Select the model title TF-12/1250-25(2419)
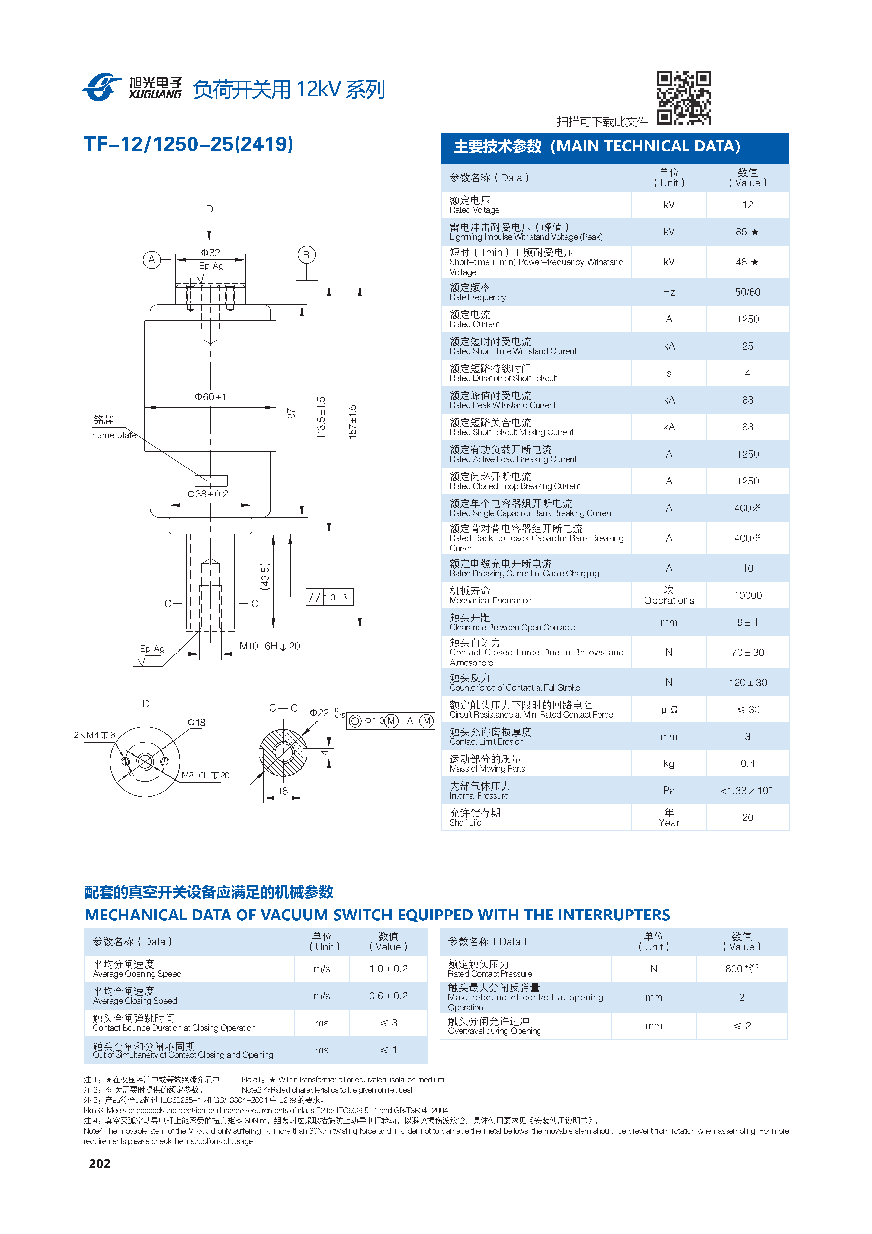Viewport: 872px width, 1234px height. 189,144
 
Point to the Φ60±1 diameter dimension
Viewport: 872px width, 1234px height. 211,397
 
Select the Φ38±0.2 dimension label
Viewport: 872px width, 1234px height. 208,494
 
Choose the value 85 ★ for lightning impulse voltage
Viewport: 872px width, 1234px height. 747,232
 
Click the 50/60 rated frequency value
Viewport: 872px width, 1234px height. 748,292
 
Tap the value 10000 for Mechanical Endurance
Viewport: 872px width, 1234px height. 748,595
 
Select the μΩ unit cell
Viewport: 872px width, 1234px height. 669,709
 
